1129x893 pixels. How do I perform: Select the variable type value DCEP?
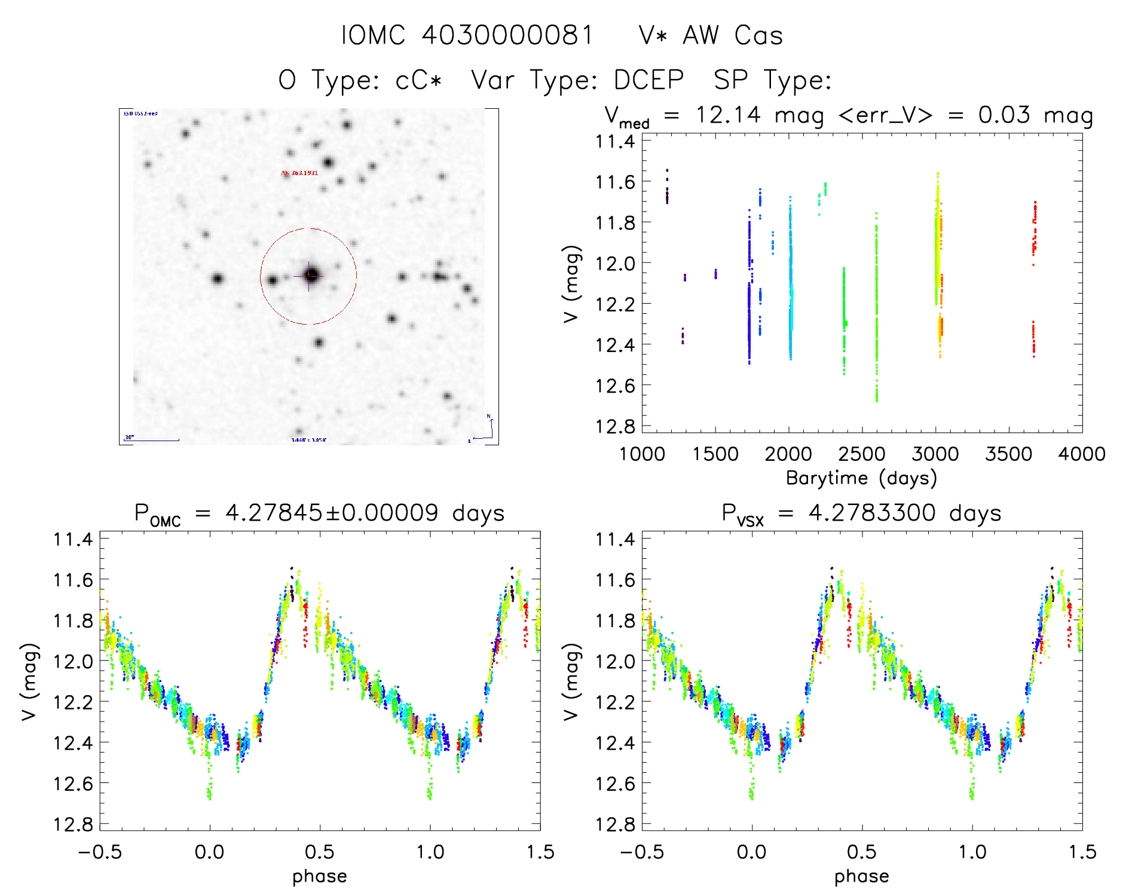pyautogui.click(x=648, y=80)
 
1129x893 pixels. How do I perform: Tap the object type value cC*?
pyautogui.click(x=418, y=80)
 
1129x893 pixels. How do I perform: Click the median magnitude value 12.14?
pyautogui.click(x=728, y=115)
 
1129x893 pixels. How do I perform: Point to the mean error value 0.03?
pyautogui.click(x=1004, y=115)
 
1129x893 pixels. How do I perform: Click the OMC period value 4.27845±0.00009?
pyautogui.click(x=332, y=513)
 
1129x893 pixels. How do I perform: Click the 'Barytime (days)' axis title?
pyautogui.click(x=861, y=478)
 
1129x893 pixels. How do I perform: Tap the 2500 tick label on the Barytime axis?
pyautogui.click(x=861, y=454)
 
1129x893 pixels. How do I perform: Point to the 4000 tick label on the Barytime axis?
pyautogui.click(x=1081, y=454)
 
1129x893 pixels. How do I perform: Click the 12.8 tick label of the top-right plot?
pyautogui.click(x=614, y=426)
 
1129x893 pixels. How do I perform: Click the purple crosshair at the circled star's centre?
pyautogui.click(x=309, y=276)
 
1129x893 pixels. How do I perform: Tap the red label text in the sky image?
pyautogui.click(x=299, y=173)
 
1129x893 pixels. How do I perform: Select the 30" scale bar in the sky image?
pyautogui.click(x=152, y=440)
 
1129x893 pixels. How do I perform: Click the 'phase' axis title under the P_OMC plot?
pyautogui.click(x=319, y=876)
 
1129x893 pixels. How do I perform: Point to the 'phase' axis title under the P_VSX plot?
pyautogui.click(x=861, y=876)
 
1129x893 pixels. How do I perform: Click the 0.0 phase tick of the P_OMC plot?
pyautogui.click(x=209, y=852)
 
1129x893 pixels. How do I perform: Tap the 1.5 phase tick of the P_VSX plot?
pyautogui.click(x=1081, y=852)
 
